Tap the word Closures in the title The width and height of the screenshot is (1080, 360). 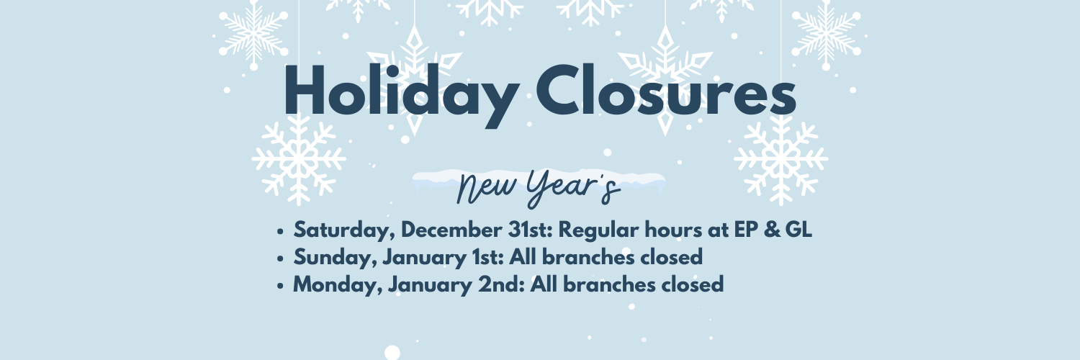[x=666, y=91]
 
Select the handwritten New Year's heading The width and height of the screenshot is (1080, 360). [x=538, y=188]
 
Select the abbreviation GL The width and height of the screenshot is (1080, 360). [x=798, y=230]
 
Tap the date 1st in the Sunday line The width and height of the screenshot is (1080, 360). [x=488, y=257]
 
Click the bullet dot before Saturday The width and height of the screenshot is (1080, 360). [x=280, y=231]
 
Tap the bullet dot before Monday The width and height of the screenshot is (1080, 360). [x=280, y=287]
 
